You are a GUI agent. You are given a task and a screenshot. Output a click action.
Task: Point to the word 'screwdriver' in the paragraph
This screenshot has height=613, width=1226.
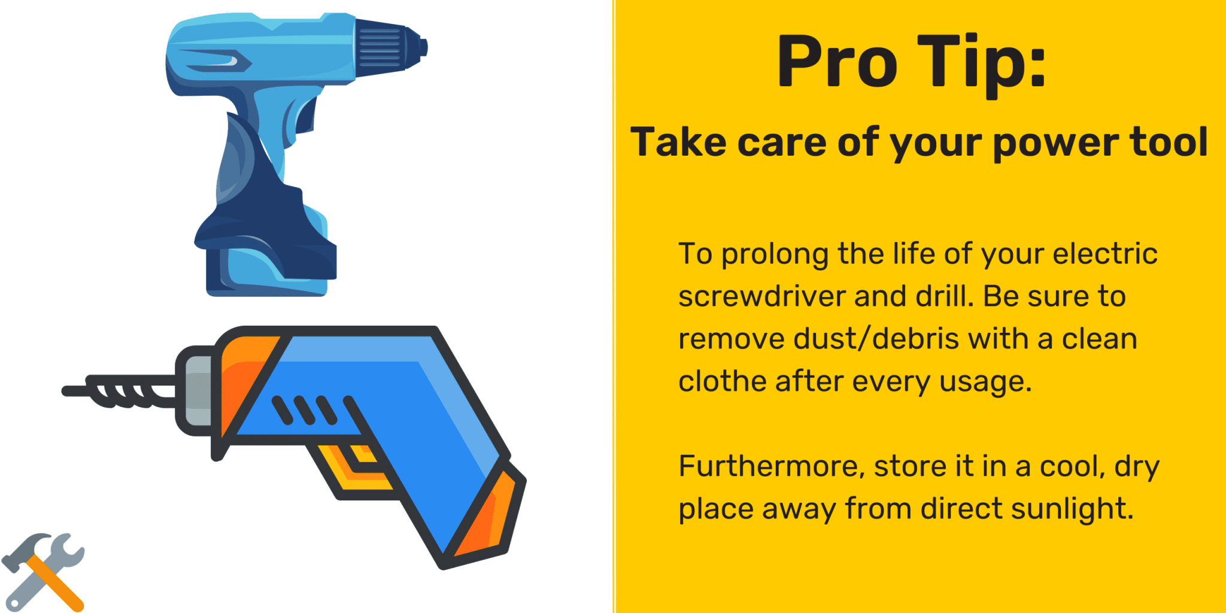click(761, 296)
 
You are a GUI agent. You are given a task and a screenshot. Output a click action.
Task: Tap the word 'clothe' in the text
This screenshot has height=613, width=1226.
click(721, 381)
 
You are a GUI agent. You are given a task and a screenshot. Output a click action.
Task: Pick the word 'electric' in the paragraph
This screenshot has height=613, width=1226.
click(1104, 254)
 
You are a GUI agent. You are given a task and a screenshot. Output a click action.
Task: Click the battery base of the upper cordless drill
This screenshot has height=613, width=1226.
click(266, 269)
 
